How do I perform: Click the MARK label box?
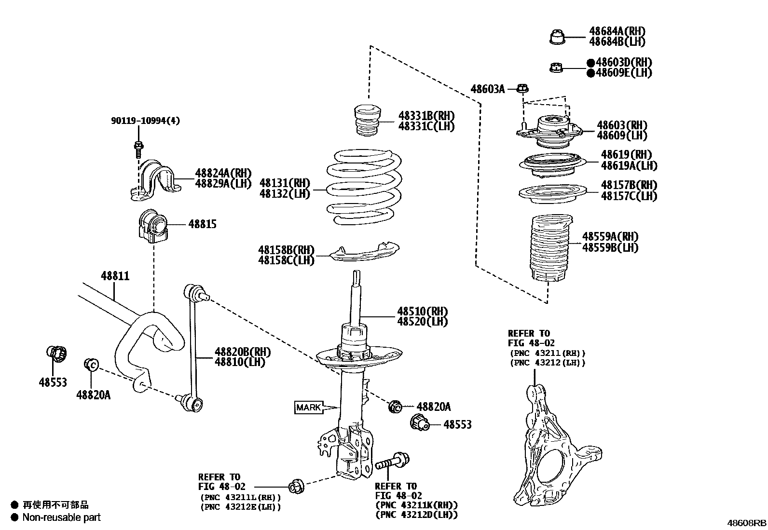[308, 408]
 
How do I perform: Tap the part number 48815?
[202, 224]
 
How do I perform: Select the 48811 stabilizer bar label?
[115, 276]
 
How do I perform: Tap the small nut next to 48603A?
[522, 89]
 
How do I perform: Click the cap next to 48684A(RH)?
[557, 37]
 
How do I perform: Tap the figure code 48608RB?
[746, 523]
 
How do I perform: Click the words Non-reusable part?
[61, 517]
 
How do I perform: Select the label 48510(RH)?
[422, 312]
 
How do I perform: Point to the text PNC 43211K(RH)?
[416, 505]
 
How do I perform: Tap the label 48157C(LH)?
[629, 196]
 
